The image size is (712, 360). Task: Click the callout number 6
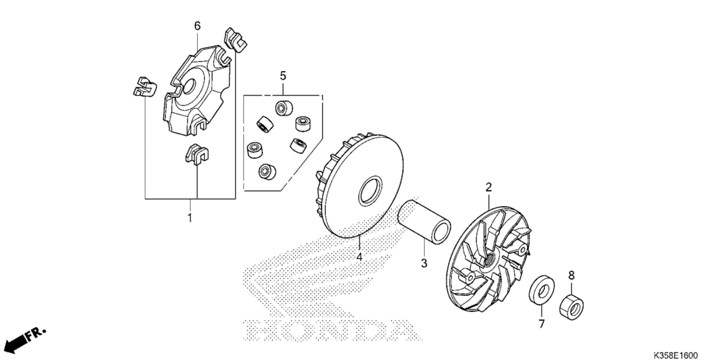click(197, 26)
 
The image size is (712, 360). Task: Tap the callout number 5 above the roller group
click(283, 76)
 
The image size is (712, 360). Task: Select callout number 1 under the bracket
click(190, 218)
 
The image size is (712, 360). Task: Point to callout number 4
click(359, 257)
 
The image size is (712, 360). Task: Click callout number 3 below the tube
click(424, 263)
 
